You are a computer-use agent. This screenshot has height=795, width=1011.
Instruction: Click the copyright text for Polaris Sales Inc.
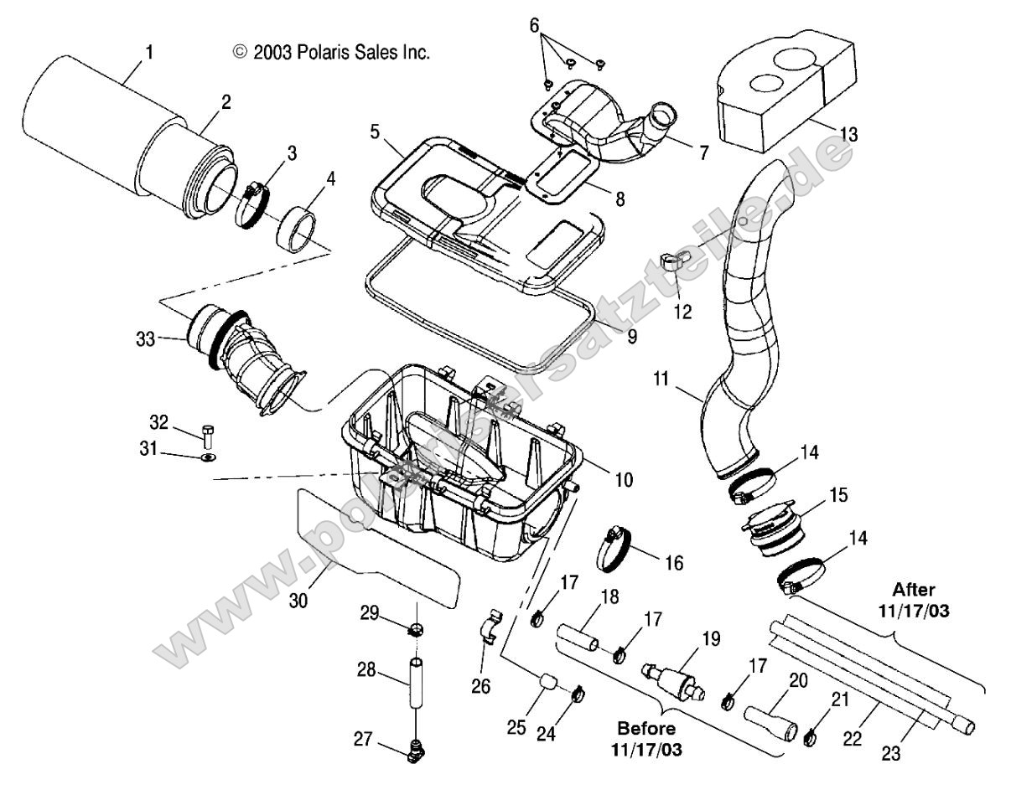pyautogui.click(x=331, y=53)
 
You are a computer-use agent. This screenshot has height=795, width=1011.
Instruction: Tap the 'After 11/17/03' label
pyautogui.click(x=914, y=600)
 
